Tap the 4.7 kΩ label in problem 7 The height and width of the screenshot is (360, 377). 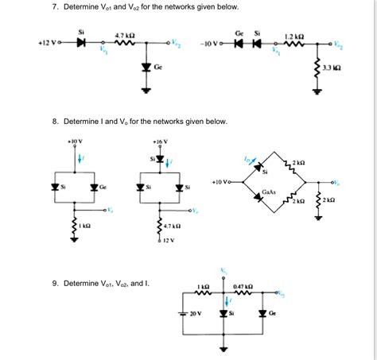pyautogui.click(x=124, y=35)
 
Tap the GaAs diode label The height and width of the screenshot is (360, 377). pyautogui.click(x=272, y=192)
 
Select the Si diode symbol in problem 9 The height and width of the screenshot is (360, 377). pyautogui.click(x=224, y=312)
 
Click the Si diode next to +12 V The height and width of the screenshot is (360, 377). pyautogui.click(x=80, y=43)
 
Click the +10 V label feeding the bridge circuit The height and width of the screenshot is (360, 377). pyautogui.click(x=220, y=181)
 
